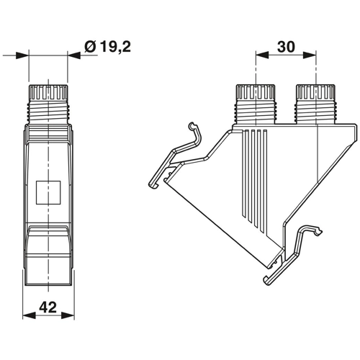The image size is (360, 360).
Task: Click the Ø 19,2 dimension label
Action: (107, 47)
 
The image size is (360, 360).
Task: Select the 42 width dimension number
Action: (48, 307)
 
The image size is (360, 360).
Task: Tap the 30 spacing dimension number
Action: (286, 47)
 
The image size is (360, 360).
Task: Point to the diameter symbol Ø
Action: (90, 47)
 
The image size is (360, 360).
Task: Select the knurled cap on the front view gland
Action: (48, 94)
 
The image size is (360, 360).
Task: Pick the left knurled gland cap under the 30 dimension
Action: (256, 93)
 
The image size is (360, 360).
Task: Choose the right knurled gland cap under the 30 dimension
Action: (315, 93)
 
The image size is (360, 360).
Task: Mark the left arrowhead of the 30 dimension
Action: (261, 55)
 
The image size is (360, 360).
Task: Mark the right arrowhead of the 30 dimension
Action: (311, 55)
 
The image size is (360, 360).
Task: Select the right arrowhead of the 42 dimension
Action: (71, 315)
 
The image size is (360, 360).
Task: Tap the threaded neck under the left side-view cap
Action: (256, 112)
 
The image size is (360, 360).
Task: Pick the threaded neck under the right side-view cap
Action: (315, 112)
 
